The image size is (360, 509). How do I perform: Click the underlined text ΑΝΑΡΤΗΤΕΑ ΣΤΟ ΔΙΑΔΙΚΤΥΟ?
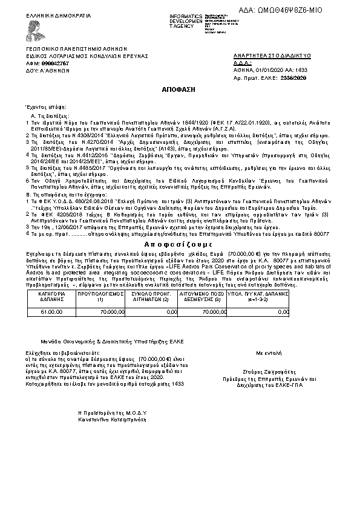click(x=272, y=56)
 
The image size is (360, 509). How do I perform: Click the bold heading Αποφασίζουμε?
click(x=180, y=258)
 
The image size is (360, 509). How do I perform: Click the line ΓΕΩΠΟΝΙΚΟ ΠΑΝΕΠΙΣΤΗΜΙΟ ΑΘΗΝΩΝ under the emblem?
click(x=76, y=48)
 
